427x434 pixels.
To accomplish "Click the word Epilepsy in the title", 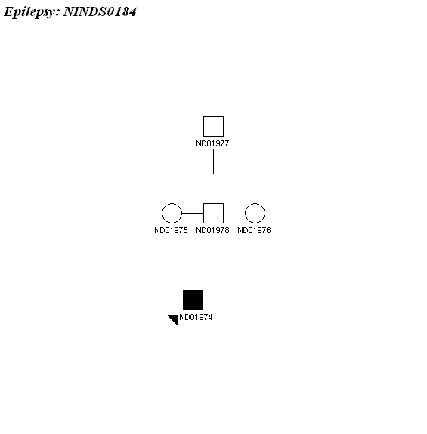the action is click(30, 12).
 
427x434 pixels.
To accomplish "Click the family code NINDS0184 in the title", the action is click(100, 11).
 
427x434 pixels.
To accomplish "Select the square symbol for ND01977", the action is click(213, 126).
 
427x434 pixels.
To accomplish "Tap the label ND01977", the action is click(212, 143).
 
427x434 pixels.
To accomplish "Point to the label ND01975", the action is click(171, 230).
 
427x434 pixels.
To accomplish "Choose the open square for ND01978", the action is click(213, 213).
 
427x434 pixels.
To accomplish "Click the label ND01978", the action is click(212, 230).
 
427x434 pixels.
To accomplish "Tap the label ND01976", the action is click(254, 230).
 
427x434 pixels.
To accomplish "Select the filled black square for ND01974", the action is click(193, 300).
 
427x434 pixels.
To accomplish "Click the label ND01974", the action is click(196, 317).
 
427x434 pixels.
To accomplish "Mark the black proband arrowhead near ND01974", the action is click(175, 319).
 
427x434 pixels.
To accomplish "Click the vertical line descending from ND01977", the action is click(213, 162).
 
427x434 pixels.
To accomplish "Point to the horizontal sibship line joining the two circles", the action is click(213, 174).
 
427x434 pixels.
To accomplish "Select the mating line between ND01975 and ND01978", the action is click(193, 213).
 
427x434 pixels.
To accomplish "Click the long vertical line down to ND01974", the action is click(193, 251).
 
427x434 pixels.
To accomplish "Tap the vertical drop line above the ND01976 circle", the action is click(255, 189).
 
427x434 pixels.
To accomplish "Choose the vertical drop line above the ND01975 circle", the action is click(172, 189).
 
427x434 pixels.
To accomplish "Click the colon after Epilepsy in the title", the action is click(57, 14).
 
